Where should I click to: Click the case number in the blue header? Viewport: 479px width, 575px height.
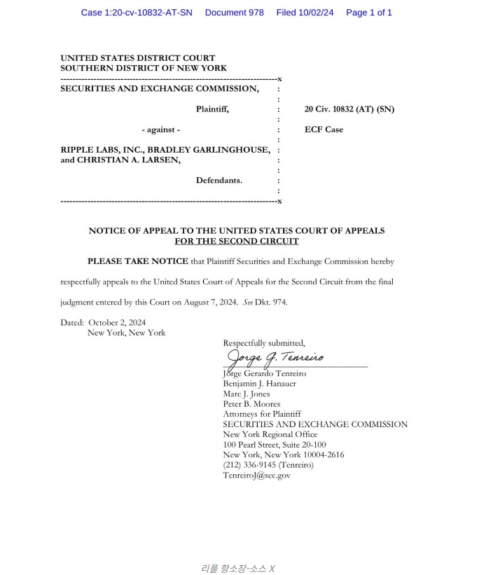[137, 13]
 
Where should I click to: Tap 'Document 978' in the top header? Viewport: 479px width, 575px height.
[234, 13]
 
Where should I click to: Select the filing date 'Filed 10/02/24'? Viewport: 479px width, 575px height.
[305, 13]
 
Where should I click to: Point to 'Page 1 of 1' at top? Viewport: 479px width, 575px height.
[369, 13]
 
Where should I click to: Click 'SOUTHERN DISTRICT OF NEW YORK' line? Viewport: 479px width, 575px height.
[144, 68]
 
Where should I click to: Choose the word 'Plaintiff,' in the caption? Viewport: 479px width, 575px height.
[212, 109]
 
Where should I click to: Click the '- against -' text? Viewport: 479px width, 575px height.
[161, 130]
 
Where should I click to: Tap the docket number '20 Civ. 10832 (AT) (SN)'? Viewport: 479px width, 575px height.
[349, 109]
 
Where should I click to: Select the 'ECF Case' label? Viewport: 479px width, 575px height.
[324, 130]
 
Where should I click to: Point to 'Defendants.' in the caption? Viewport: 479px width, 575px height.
[218, 180]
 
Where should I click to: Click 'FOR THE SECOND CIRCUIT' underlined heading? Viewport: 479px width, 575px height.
[237, 241]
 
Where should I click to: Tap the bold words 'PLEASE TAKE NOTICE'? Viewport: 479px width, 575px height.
[138, 261]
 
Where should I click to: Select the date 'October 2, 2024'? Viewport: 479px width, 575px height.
[117, 322]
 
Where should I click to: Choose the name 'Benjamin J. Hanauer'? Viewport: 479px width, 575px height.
[259, 384]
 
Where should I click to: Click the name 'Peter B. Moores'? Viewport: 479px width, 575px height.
[251, 404]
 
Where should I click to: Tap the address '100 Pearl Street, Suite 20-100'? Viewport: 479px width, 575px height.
[274, 445]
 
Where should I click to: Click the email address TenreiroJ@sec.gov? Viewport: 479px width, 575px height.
[256, 476]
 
